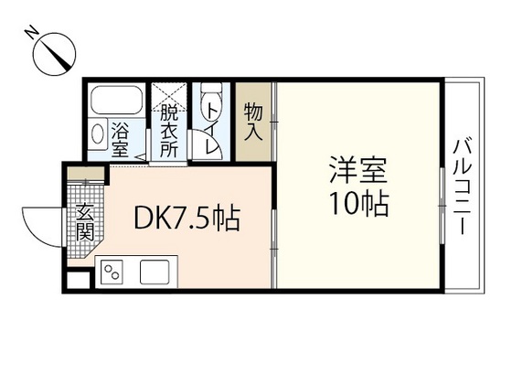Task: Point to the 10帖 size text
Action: click(x=358, y=202)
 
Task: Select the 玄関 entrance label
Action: click(x=85, y=219)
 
